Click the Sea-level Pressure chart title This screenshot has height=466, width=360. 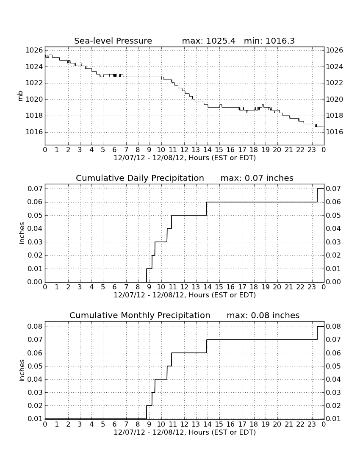[x=113, y=41]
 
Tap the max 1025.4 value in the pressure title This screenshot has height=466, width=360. [x=208, y=41]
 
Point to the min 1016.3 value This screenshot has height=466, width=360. [x=269, y=41]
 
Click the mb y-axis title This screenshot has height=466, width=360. [x=20, y=96]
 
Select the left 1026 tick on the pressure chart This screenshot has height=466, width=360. [x=34, y=50]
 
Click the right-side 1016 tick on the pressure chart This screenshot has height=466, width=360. [x=335, y=132]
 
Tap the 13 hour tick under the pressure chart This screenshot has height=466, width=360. [x=196, y=150]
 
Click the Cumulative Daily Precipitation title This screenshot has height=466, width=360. [x=140, y=178]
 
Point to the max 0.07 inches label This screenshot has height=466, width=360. [x=257, y=178]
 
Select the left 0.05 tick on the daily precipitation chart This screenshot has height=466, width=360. [x=35, y=215]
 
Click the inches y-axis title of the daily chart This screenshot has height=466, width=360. [x=21, y=233]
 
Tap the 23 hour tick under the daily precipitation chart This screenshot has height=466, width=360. [x=312, y=287]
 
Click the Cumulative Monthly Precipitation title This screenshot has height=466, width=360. [x=140, y=315]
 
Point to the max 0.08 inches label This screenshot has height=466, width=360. [x=263, y=315]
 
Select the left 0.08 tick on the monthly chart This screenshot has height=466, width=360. [x=35, y=327]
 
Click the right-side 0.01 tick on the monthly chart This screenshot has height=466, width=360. [x=334, y=419]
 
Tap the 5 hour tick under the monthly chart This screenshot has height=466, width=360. [x=103, y=424]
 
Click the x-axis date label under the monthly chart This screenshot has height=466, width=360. [x=185, y=432]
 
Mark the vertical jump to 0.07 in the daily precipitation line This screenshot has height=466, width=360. [x=318, y=195]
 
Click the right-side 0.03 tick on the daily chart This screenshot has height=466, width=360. [x=334, y=242]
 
